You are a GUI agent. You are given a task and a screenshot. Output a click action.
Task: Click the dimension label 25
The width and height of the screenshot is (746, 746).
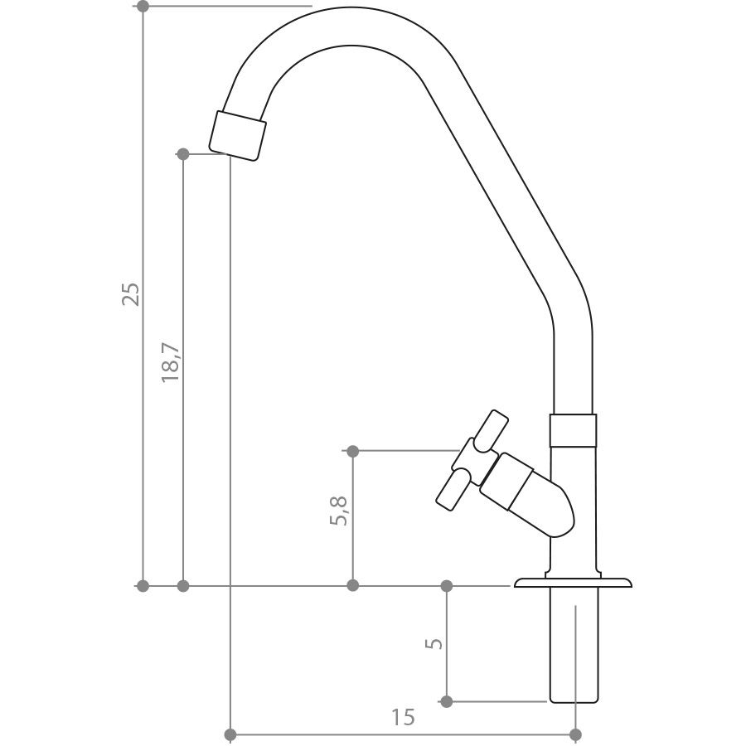131,294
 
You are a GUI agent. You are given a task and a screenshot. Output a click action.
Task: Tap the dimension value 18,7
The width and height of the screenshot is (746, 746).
171,362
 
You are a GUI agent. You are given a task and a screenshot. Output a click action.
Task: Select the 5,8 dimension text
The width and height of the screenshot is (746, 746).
339,511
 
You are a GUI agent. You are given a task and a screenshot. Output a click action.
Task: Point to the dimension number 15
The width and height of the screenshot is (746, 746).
403,716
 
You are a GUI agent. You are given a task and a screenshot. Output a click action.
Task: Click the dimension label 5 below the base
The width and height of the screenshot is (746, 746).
434,643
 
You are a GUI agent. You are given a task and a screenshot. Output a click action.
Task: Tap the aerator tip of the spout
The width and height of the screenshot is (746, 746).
237,136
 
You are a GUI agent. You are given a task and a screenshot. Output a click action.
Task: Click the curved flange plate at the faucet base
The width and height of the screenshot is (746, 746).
574,583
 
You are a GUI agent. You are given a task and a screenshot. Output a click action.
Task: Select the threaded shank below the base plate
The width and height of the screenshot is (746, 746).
574,645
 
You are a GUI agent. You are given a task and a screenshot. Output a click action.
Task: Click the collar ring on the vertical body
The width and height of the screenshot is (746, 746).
573,430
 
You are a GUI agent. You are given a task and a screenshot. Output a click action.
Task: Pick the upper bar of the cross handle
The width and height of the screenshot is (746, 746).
492,431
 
